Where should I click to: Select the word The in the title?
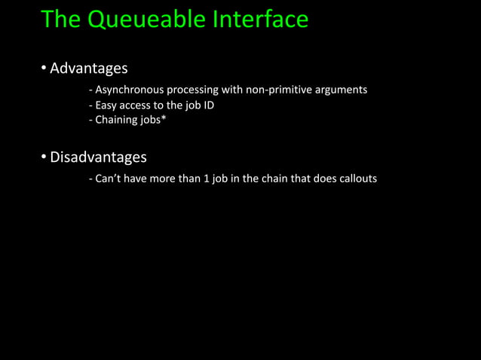[60, 19]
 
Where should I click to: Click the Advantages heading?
[88, 69]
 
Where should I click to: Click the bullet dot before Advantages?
[44, 69]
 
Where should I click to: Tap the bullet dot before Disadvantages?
[44, 158]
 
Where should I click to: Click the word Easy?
[107, 105]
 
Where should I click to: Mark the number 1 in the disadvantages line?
[207, 179]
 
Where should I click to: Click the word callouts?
[354, 179]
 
